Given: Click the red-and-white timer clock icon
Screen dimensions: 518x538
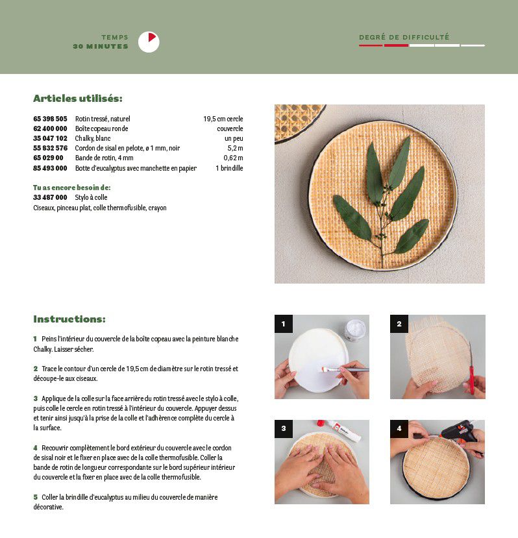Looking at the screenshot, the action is coord(149,42).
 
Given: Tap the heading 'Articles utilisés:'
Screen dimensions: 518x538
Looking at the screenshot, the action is coord(78,99).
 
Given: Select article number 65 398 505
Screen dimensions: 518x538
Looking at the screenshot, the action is coord(50,119).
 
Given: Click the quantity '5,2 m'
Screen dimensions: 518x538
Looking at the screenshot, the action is coord(235,148).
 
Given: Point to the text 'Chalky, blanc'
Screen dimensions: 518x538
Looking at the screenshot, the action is coord(93,138).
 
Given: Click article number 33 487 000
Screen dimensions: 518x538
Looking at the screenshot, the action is coord(50,197).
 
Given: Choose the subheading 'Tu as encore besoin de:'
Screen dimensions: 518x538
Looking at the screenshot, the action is coord(72,188).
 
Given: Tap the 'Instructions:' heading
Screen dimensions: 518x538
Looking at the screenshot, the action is coord(69,319).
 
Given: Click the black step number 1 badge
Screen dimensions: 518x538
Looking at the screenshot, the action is coord(284,324).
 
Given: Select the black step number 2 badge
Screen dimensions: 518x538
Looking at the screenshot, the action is coord(399,324).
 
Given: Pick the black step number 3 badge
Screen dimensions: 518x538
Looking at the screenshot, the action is coord(284,428).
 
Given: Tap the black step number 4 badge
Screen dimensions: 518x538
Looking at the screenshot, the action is coord(399,428).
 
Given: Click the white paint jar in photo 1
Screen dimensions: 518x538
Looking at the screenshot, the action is coord(355,330).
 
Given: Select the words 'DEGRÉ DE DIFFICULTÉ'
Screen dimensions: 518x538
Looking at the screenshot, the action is coord(404,37).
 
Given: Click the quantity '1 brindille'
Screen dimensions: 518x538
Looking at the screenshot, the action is coord(229,168).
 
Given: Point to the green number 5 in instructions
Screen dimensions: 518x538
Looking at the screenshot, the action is coord(35,497).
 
